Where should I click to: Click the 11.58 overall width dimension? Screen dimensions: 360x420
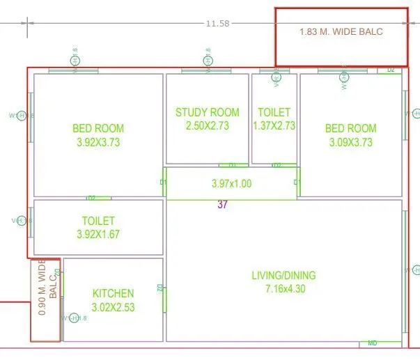coord(217,23)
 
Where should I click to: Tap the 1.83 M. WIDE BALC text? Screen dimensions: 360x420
coord(341,31)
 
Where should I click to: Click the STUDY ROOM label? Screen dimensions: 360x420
coord(207,112)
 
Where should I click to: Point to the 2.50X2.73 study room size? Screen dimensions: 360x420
coord(207,125)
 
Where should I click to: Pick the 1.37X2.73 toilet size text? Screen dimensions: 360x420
coord(274,125)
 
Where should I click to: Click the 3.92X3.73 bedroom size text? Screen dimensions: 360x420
coord(98,141)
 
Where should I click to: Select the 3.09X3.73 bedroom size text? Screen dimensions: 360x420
coord(351,141)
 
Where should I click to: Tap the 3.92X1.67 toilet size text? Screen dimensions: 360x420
coord(98,234)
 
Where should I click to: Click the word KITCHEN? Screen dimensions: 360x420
coord(113,293)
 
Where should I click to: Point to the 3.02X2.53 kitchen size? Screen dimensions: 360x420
coord(113,306)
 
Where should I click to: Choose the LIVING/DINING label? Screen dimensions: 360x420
coord(283,275)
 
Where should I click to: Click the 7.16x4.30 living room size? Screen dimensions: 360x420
coord(283,288)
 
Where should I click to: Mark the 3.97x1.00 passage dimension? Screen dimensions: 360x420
coord(231,184)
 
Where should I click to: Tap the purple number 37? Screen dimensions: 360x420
coord(223,204)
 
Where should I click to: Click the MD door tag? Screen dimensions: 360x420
coord(373,343)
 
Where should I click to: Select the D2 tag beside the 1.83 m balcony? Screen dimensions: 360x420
coord(391,70)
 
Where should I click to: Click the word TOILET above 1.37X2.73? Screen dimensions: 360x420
coord(274,112)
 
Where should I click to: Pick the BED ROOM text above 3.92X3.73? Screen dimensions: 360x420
coord(98,128)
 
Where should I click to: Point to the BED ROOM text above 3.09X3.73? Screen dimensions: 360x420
coord(351,128)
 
